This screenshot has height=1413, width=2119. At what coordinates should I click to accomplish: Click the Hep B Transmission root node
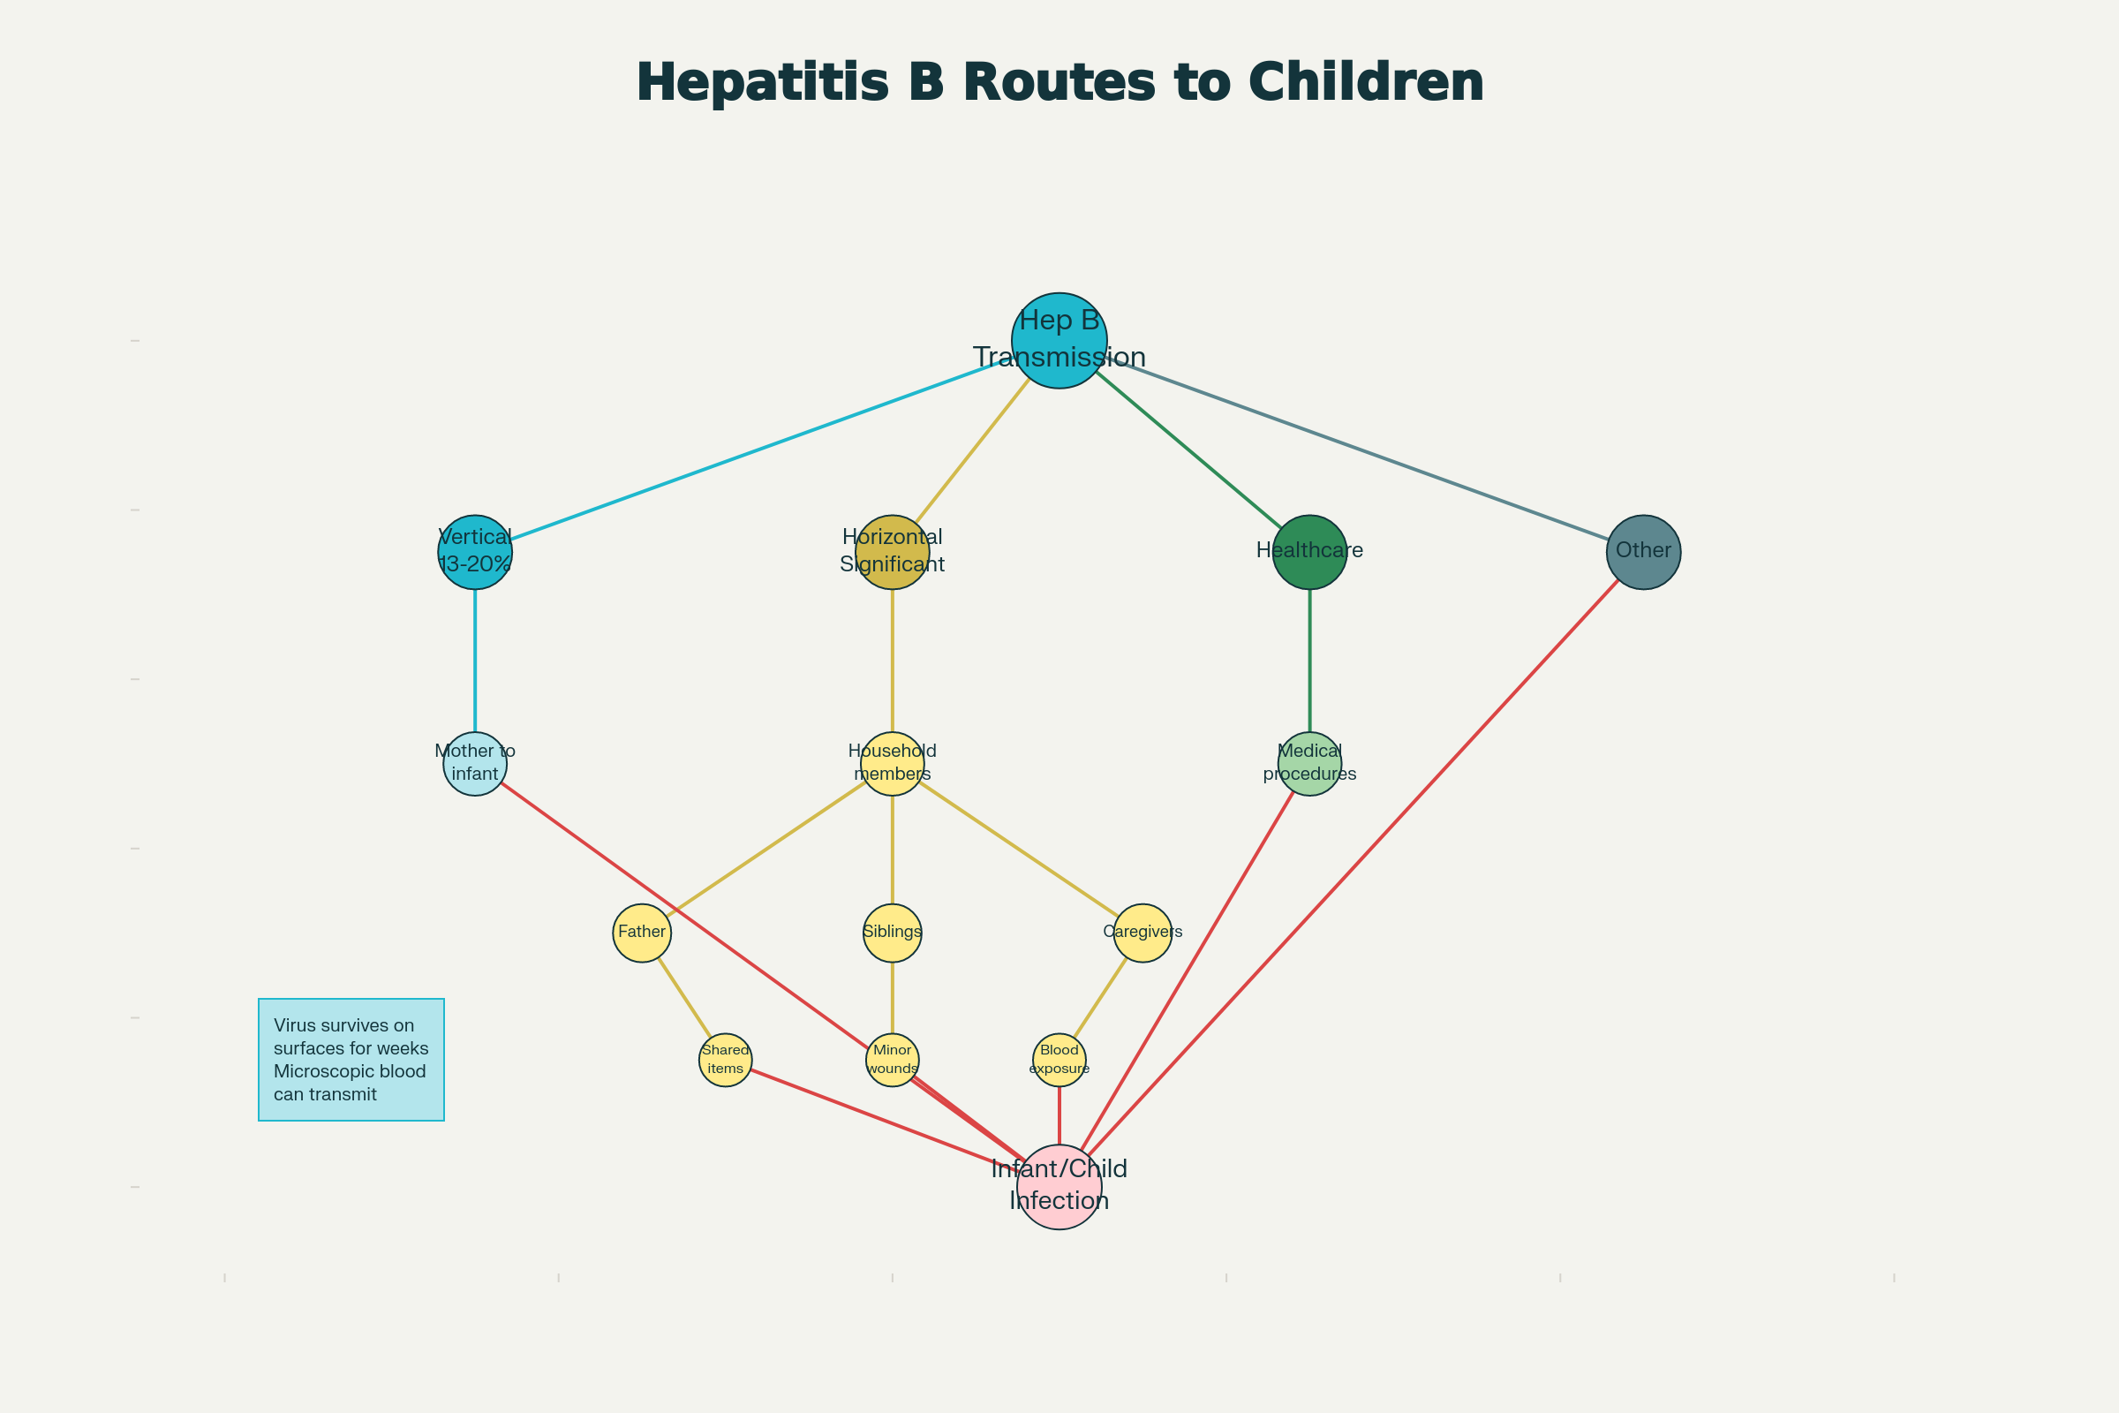(1059, 341)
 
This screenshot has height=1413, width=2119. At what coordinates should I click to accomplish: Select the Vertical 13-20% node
(475, 553)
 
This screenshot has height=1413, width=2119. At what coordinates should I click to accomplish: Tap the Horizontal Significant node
(892, 553)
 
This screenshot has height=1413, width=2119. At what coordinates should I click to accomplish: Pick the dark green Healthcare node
(1309, 553)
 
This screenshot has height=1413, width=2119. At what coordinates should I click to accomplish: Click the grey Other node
(1643, 553)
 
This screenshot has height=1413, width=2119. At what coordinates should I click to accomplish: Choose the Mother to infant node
(475, 763)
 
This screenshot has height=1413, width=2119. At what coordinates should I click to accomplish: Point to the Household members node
(892, 763)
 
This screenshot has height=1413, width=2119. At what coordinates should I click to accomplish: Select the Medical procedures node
(1309, 763)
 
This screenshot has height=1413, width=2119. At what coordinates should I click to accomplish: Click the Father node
(642, 933)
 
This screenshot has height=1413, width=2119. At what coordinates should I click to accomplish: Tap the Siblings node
(892, 933)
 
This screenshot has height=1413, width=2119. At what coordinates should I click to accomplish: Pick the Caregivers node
(1142, 933)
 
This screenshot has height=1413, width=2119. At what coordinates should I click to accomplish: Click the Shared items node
(725, 1060)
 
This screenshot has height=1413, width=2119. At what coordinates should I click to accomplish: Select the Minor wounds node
(892, 1060)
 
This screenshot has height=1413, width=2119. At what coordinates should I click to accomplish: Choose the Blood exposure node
(1059, 1060)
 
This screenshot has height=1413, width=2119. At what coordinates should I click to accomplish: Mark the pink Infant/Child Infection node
(1059, 1187)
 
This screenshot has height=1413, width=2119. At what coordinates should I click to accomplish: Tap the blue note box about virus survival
(351, 1060)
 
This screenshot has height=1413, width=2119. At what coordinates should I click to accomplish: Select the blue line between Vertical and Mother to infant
(475, 661)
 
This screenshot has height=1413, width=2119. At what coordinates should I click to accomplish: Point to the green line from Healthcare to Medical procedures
(1309, 661)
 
